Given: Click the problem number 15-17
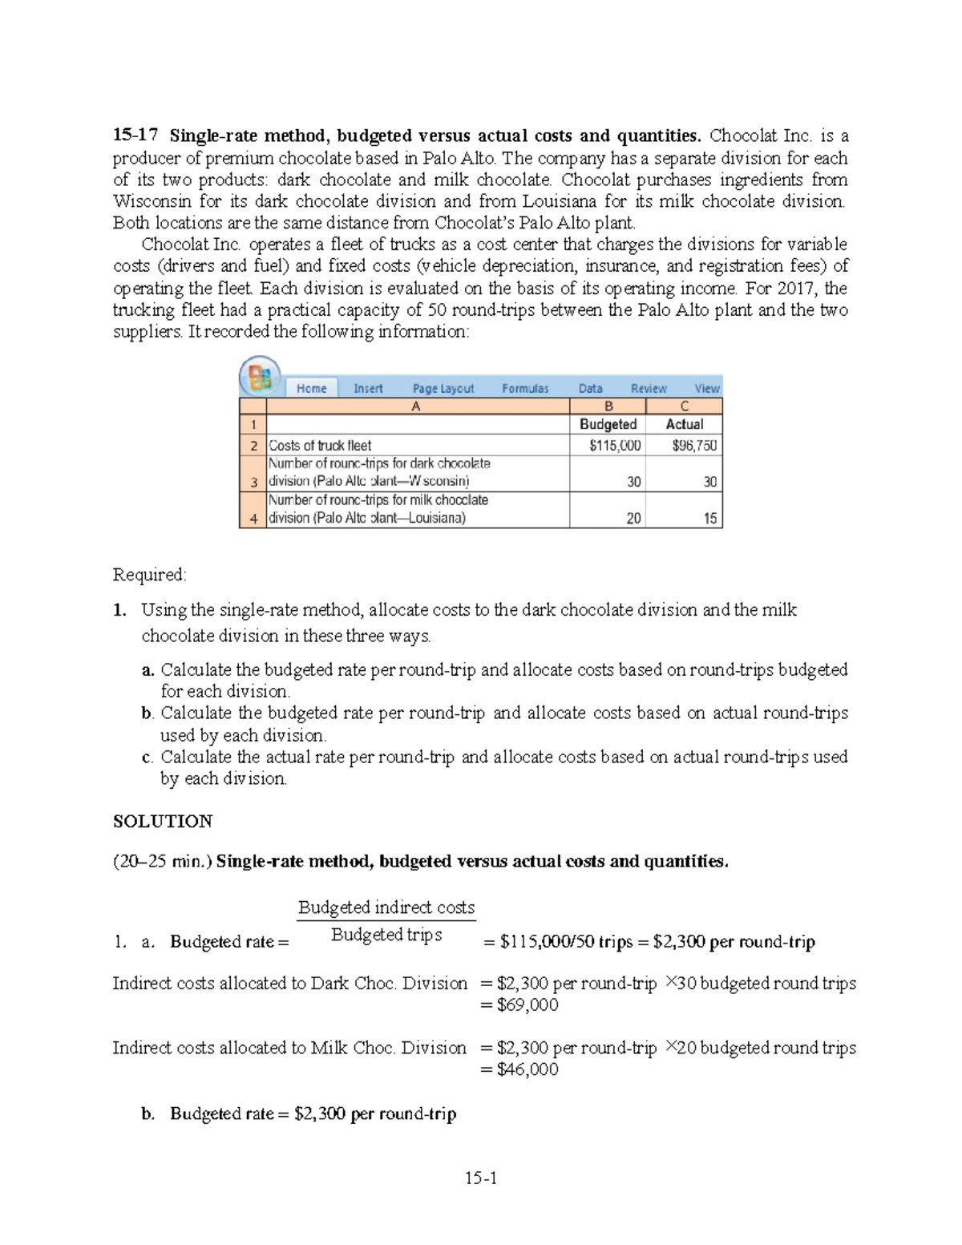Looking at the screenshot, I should (133, 135).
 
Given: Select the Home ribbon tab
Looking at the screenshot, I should (311, 389).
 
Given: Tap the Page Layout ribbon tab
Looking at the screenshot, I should (443, 389).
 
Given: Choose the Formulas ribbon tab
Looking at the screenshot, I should (525, 389).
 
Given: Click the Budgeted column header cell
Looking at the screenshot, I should (608, 424).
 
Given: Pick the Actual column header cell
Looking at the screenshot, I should (684, 424).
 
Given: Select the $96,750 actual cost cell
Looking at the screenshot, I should (694, 446).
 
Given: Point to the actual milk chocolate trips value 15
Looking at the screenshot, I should (709, 519).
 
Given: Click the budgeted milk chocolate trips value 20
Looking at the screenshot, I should (633, 519).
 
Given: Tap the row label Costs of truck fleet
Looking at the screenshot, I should (320, 446).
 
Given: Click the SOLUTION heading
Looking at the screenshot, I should (163, 822).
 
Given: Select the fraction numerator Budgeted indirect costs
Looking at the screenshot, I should (386, 907).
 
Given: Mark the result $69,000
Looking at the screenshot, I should (527, 1005).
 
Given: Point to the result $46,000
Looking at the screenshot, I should (527, 1069).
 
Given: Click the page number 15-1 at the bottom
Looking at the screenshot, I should (481, 1178).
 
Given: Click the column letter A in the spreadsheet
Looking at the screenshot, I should (415, 406).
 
